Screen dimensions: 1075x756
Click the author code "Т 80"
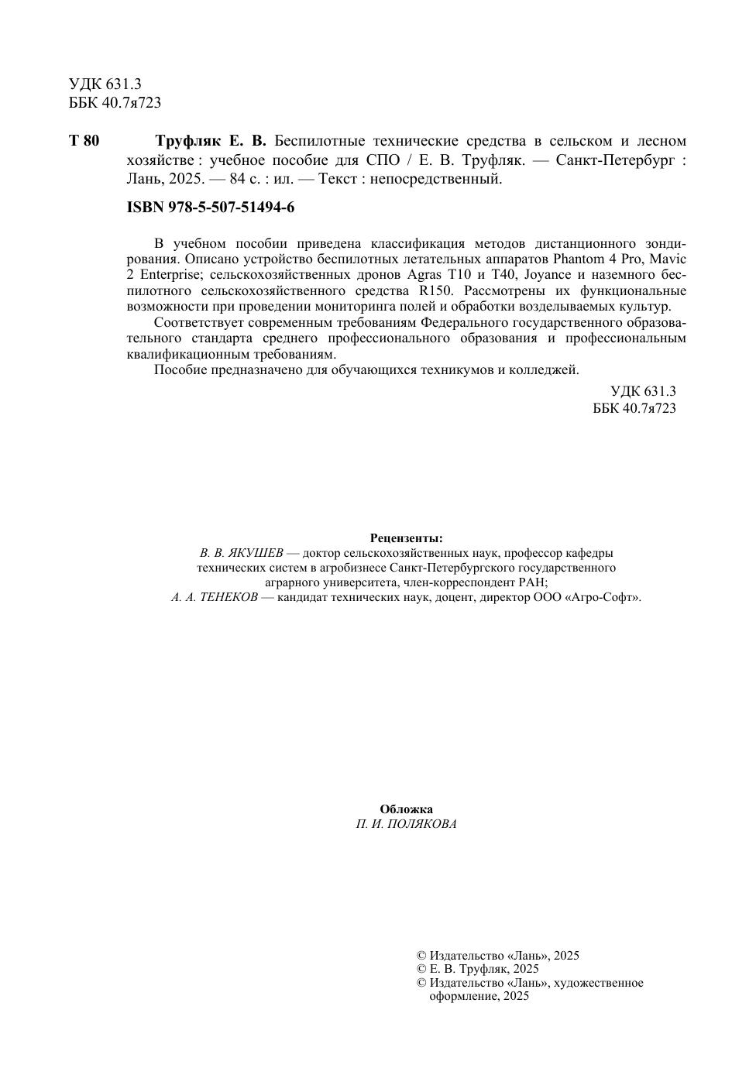pyautogui.click(x=84, y=141)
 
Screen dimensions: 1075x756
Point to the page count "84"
pyautogui.click(x=237, y=179)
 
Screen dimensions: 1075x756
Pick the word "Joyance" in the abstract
pyautogui.click(x=548, y=275)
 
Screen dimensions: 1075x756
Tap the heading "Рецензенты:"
pyautogui.click(x=407, y=537)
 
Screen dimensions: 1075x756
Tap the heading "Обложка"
pyautogui.click(x=407, y=809)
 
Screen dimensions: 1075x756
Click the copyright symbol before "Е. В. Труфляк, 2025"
pyautogui.click(x=421, y=969)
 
